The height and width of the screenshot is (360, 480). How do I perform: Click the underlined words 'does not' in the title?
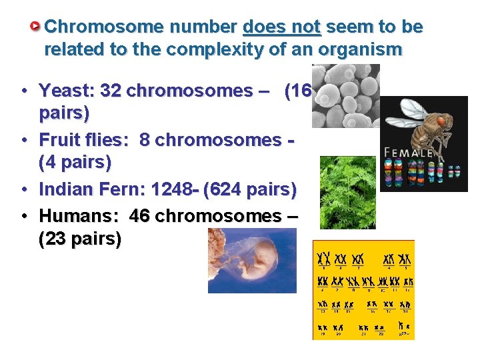click(282, 27)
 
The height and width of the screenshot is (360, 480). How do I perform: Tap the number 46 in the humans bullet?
click(140, 216)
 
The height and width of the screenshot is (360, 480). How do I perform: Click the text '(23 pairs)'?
click(80, 239)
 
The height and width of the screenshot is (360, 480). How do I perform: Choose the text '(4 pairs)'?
click(75, 162)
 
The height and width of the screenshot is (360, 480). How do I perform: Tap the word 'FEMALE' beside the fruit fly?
click(409, 152)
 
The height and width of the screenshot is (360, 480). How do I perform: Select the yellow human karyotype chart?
click(363, 290)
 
